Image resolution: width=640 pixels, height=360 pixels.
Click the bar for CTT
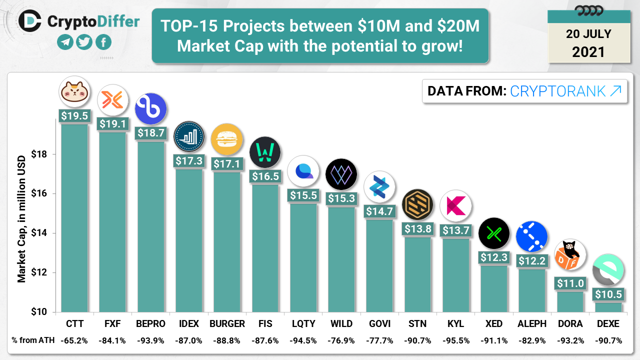click(74, 217)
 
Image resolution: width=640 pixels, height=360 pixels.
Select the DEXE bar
click(608, 307)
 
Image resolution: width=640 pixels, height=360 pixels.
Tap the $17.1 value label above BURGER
click(226, 163)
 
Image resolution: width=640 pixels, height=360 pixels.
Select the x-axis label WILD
click(341, 323)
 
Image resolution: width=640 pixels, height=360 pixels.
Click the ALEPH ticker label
click(532, 323)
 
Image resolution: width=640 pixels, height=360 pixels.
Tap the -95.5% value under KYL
click(455, 340)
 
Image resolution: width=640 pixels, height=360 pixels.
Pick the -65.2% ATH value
click(74, 340)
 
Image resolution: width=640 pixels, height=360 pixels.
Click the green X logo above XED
click(494, 233)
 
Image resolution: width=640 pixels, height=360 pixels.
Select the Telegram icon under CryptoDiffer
click(65, 42)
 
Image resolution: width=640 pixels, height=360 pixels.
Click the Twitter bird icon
click(84, 42)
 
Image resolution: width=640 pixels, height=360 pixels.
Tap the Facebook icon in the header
click(103, 42)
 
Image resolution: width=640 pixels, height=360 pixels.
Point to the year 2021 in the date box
click(588, 51)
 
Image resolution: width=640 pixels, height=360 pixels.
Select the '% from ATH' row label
click(31, 340)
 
